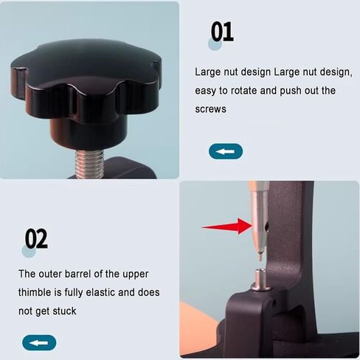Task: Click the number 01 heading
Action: point(222,32)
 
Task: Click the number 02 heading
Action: point(36,239)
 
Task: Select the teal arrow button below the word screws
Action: point(225,152)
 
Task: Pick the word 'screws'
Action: point(211,109)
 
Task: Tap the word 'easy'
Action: point(207,91)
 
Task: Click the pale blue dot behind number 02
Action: point(29,252)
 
